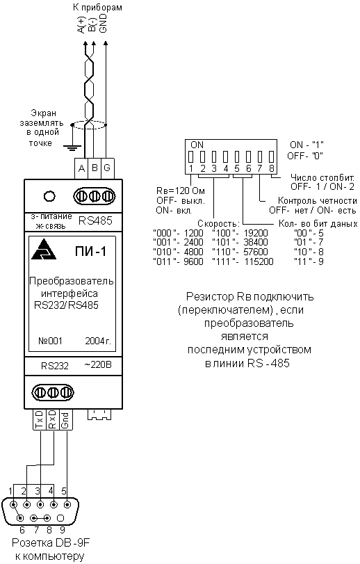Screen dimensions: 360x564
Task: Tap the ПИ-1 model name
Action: [90, 252]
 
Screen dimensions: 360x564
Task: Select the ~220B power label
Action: [98, 364]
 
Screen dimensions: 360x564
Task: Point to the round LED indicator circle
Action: [49, 196]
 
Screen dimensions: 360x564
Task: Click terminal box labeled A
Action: [81, 168]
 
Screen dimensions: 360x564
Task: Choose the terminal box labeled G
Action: [107, 168]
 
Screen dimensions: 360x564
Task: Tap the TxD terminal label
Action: [40, 419]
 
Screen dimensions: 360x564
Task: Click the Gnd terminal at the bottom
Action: [65, 419]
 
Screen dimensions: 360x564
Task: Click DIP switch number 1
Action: [191, 157]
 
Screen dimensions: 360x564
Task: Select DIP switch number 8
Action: [272, 157]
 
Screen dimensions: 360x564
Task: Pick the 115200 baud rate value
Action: [259, 261]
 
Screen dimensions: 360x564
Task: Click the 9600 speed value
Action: [193, 261]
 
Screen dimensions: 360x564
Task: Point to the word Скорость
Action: [218, 223]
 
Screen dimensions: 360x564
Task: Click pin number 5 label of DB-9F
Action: [64, 490]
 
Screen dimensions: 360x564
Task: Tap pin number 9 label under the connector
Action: [62, 529]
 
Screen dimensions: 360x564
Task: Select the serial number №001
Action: [50, 341]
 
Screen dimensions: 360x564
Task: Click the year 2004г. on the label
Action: [98, 341]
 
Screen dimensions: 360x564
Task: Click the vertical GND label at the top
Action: [103, 24]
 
